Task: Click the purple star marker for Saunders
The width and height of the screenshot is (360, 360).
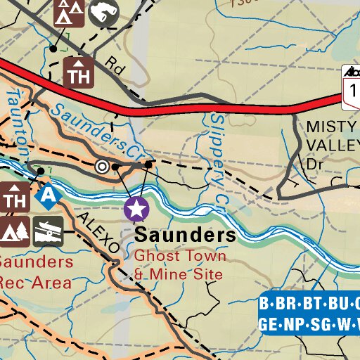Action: point(136,208)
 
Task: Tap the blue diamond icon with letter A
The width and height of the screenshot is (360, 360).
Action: point(48,196)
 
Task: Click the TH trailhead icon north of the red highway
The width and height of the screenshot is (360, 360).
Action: point(79,72)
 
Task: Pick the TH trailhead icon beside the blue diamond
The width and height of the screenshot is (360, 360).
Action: point(14,197)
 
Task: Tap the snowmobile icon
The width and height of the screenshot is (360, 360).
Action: point(49,228)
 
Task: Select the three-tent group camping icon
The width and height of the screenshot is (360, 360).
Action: point(70,12)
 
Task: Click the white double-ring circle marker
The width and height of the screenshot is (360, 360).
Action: point(103,167)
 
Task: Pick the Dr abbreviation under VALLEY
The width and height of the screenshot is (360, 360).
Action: point(313,163)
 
